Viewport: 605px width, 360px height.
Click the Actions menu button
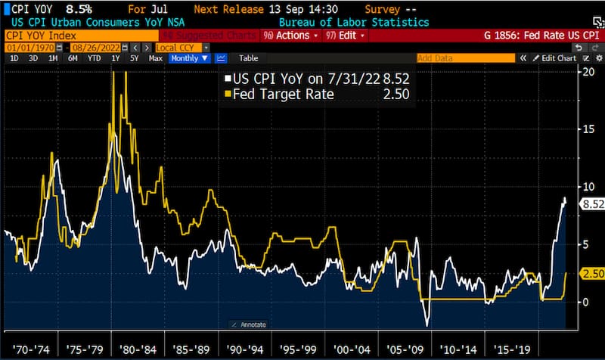click(x=292, y=36)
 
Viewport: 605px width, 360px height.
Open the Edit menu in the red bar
click(x=344, y=36)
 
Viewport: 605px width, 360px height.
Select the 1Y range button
click(x=115, y=58)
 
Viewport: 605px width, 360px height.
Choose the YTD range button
click(x=94, y=58)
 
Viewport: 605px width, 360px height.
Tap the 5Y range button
click(x=135, y=58)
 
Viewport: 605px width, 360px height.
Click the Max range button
click(x=156, y=58)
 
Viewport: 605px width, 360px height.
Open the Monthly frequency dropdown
click(x=190, y=58)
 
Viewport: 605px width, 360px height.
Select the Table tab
click(x=248, y=58)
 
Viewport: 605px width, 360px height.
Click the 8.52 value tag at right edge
click(x=590, y=203)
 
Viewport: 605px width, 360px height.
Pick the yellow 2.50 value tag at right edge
click(x=590, y=273)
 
